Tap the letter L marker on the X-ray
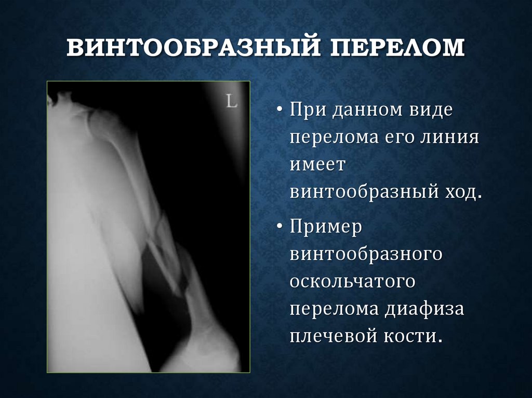[x=231, y=102]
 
